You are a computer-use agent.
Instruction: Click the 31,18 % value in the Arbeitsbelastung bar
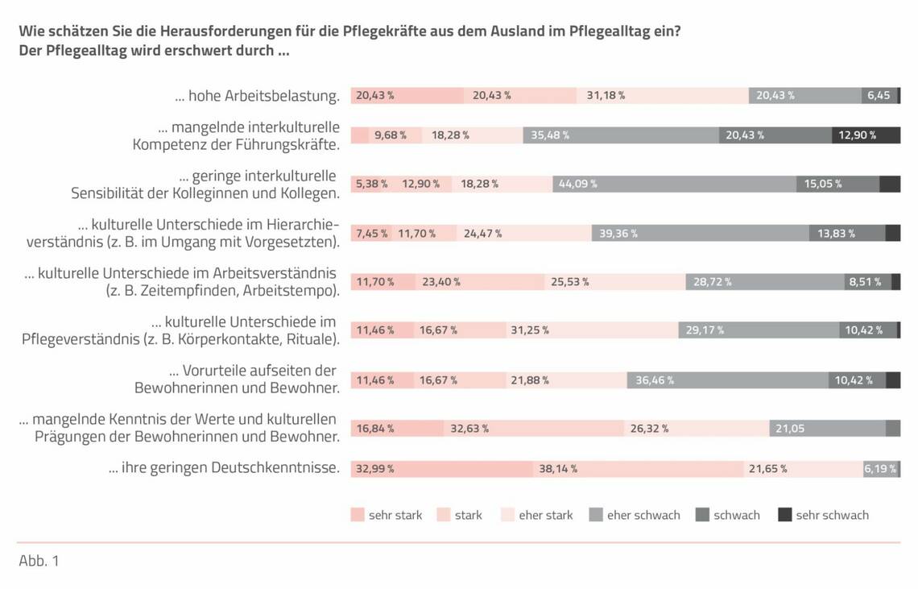(606, 95)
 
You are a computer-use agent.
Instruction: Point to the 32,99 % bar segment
(375, 469)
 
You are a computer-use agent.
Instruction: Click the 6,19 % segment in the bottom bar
(880, 469)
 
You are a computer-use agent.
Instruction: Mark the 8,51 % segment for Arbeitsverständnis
(865, 282)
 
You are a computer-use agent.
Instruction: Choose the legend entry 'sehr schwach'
(832, 515)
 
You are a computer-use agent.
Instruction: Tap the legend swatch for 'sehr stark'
(358, 515)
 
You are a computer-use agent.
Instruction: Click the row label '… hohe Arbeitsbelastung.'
(257, 96)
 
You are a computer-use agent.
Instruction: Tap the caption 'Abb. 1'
(39, 561)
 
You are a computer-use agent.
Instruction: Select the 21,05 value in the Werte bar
(790, 429)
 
